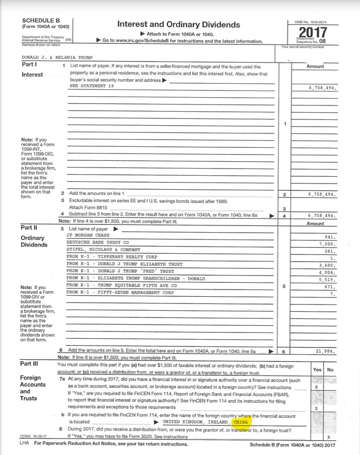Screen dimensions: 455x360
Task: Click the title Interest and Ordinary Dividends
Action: pyautogui.click(x=179, y=24)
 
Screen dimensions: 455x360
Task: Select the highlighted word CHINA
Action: pyautogui.click(x=241, y=422)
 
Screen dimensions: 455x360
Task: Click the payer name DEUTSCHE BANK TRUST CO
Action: pyautogui.click(x=98, y=242)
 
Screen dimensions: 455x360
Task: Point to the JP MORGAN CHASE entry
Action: pyautogui.click(x=85, y=235)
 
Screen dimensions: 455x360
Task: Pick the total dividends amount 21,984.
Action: pyautogui.click(x=325, y=351)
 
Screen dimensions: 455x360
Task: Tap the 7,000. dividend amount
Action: pyautogui.click(x=327, y=243)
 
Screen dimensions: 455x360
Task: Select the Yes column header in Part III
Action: pyautogui.click(x=317, y=370)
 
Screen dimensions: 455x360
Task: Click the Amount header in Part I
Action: pyautogui.click(x=315, y=66)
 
